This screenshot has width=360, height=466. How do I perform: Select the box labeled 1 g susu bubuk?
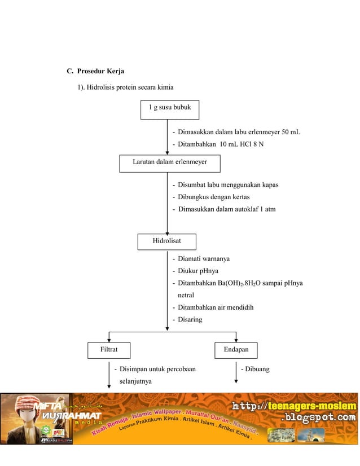click(169, 107)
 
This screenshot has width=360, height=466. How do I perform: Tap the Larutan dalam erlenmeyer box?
click(169, 162)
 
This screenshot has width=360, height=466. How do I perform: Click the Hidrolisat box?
click(167, 241)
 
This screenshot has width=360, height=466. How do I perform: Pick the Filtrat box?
click(108, 350)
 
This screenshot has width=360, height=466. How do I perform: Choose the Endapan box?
click(236, 350)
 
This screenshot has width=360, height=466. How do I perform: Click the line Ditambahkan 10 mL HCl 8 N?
click(221, 144)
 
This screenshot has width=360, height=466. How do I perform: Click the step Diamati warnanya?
click(204, 258)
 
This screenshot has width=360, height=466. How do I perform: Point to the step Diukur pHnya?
click(198, 271)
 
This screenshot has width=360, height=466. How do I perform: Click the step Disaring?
click(190, 320)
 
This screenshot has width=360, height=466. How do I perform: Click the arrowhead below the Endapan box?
click(236, 381)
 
